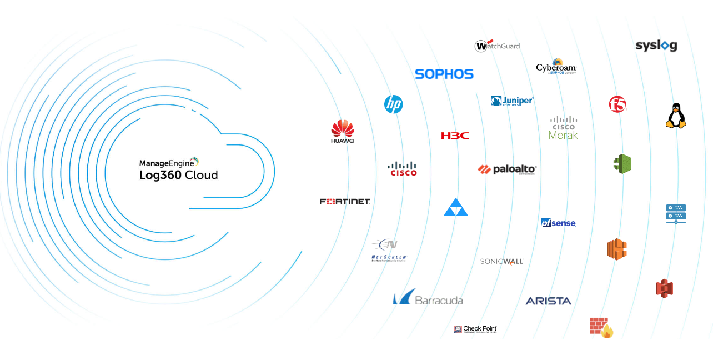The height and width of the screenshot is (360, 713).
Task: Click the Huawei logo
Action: click(x=343, y=132)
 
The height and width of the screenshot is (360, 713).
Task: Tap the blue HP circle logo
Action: click(x=394, y=104)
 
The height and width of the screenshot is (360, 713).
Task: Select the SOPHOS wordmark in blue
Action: click(x=444, y=74)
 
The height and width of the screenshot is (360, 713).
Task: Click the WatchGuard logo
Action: click(x=497, y=46)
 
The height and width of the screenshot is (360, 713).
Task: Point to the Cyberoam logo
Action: click(x=556, y=67)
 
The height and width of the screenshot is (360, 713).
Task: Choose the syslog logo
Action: click(x=656, y=46)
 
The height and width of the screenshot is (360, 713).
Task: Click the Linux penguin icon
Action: click(x=676, y=116)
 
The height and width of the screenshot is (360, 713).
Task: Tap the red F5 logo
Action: click(x=617, y=104)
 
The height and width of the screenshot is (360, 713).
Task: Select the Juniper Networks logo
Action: click(x=511, y=101)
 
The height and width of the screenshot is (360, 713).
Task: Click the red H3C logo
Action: click(x=455, y=136)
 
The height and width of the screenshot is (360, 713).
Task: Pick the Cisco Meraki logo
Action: click(x=564, y=128)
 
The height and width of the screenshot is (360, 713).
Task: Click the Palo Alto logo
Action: click(x=507, y=169)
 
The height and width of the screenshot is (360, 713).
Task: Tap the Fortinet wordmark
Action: click(x=345, y=202)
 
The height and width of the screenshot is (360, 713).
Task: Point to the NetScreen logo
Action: click(x=389, y=250)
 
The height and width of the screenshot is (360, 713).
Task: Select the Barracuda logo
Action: click(x=428, y=298)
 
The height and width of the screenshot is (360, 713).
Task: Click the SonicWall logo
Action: click(x=502, y=261)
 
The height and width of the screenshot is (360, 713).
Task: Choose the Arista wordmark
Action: click(x=548, y=301)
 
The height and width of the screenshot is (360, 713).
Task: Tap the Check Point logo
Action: click(x=475, y=329)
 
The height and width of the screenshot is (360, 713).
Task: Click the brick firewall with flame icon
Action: click(x=601, y=327)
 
